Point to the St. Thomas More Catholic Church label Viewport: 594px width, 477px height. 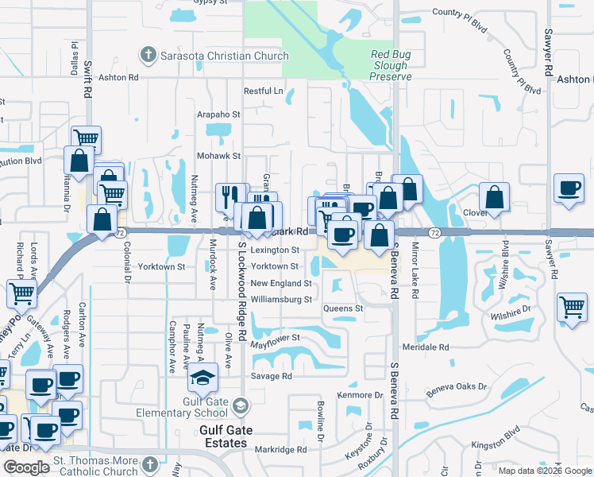pyautogui.click(x=95, y=466)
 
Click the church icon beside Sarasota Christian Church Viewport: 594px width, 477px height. pyautogui.click(x=147, y=55)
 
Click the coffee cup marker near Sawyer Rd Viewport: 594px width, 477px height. pyautogui.click(x=569, y=188)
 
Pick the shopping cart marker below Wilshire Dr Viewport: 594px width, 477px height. pyautogui.click(x=571, y=306)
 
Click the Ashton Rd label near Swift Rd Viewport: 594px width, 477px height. pyautogui.click(x=120, y=77)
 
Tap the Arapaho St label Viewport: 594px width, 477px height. pyautogui.click(x=219, y=114)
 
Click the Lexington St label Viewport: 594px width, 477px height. pyautogui.click(x=274, y=250)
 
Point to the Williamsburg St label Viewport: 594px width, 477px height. pyautogui.click(x=281, y=300)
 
